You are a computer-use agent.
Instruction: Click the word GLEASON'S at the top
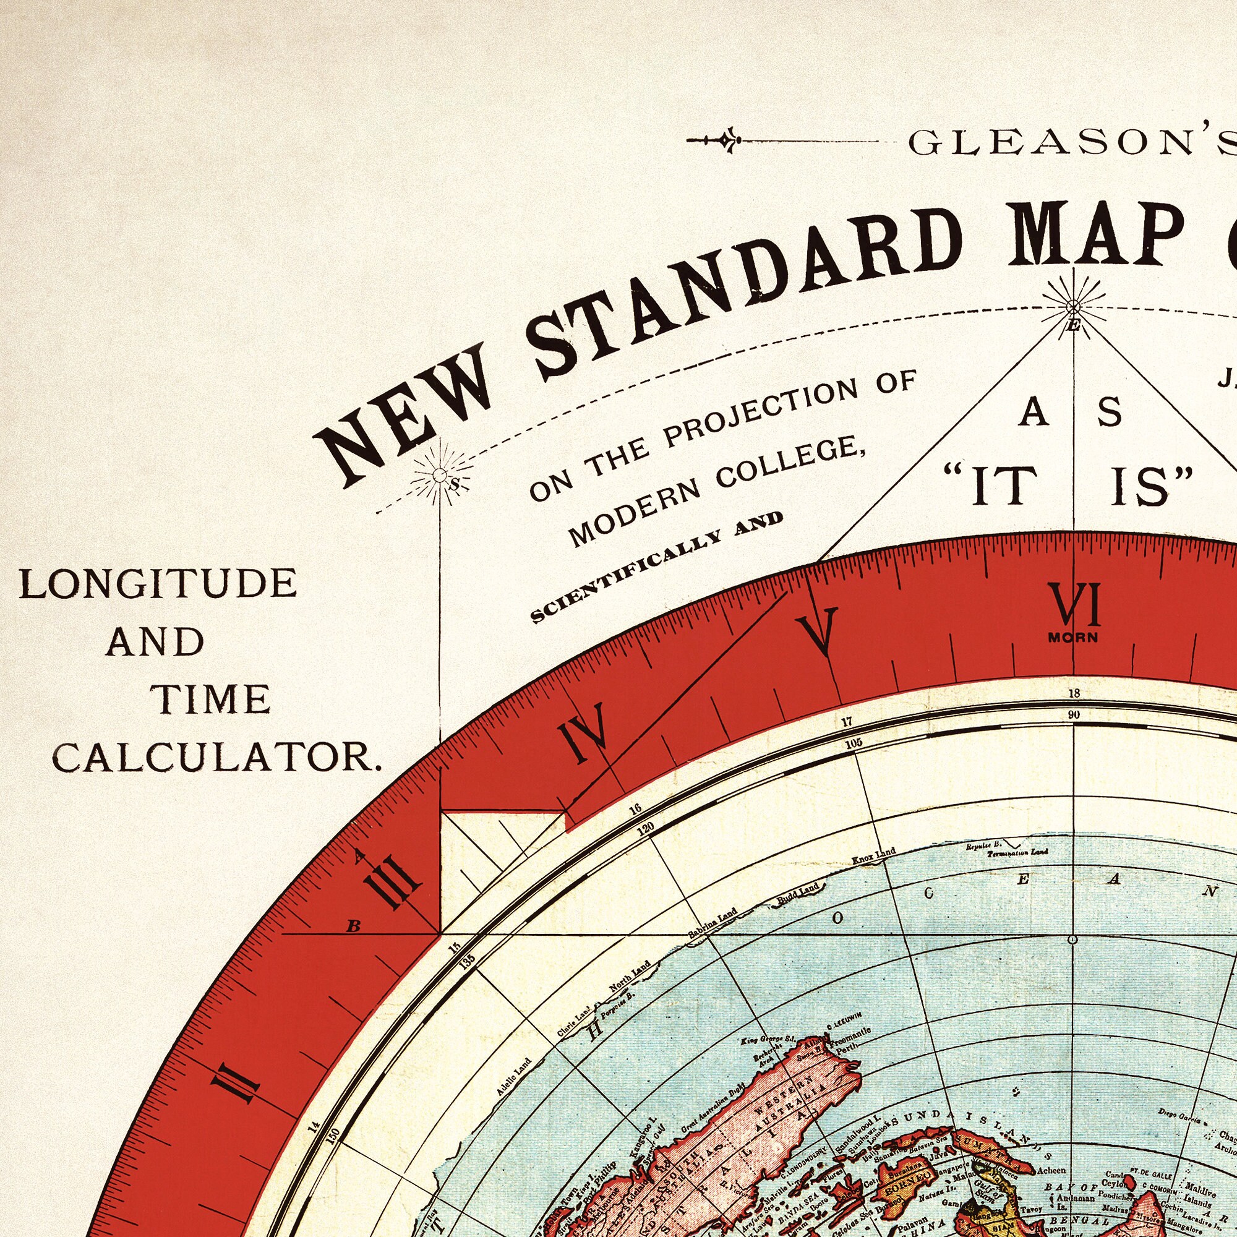pos(1069,143)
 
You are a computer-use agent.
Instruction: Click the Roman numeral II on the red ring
pos(237,1082)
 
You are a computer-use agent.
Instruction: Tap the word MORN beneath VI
pos(1073,638)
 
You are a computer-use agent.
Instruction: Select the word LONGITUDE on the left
pos(158,583)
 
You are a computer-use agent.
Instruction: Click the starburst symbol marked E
pos(1074,307)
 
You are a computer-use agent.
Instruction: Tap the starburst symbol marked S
pos(440,475)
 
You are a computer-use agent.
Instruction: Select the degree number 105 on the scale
pos(854,744)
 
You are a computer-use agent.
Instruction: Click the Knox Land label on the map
pos(873,855)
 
